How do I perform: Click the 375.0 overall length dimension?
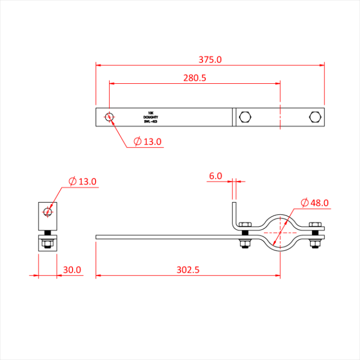point(210,59)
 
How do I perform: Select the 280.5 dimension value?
point(195,78)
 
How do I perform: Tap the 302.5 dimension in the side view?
point(188,269)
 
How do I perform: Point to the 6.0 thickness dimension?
point(215,176)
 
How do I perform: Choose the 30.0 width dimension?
point(72,269)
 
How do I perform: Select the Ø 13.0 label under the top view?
point(148,141)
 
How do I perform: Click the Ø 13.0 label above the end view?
point(83,182)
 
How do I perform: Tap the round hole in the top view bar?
point(109,117)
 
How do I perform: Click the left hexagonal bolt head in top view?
point(245,117)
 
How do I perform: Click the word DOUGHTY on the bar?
point(151,117)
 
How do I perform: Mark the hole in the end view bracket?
point(48,211)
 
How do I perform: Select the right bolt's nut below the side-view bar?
point(314,243)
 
